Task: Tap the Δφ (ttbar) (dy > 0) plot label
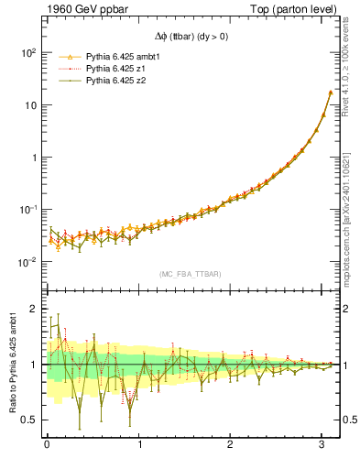191,38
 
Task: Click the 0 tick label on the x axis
47,446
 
